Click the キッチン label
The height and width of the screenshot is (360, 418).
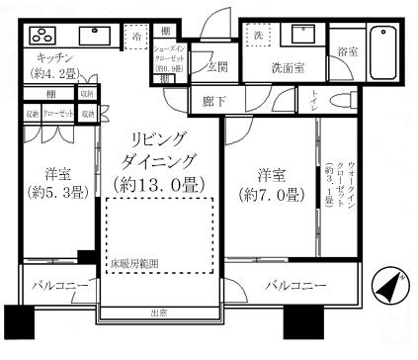[42, 58]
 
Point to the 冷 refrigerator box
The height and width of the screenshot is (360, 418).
[134, 35]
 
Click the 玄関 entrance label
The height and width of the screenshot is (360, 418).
[217, 68]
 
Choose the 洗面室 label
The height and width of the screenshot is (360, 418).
[288, 68]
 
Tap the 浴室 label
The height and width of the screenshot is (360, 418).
[346, 50]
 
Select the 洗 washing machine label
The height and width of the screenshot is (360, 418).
[257, 35]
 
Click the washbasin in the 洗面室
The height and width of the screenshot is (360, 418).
[297, 37]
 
